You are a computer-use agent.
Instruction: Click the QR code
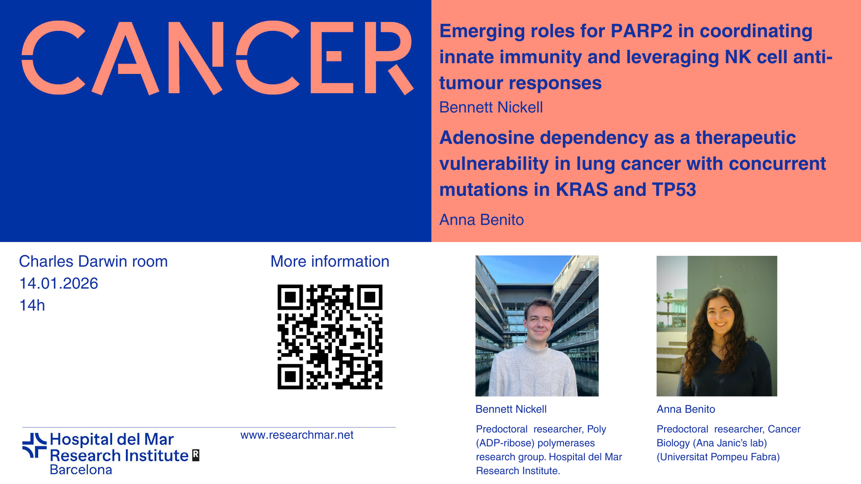(330, 337)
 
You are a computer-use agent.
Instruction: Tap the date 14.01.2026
(59, 284)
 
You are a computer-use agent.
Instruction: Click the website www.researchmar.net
(297, 435)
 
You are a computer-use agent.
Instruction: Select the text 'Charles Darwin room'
(93, 261)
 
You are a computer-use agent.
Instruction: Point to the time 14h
(32, 306)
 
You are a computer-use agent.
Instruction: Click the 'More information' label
(330, 261)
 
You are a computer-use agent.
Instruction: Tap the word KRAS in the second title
(582, 190)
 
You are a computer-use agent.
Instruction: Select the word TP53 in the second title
(674, 190)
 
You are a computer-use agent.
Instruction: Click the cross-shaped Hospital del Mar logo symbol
(35, 445)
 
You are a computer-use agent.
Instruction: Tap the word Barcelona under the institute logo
(81, 470)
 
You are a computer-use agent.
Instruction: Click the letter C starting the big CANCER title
(53, 58)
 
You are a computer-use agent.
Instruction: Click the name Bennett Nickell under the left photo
(511, 409)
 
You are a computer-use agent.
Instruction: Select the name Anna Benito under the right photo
(686, 409)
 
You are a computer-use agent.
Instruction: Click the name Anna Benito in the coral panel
(482, 220)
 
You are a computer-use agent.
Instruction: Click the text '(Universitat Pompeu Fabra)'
(718, 457)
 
